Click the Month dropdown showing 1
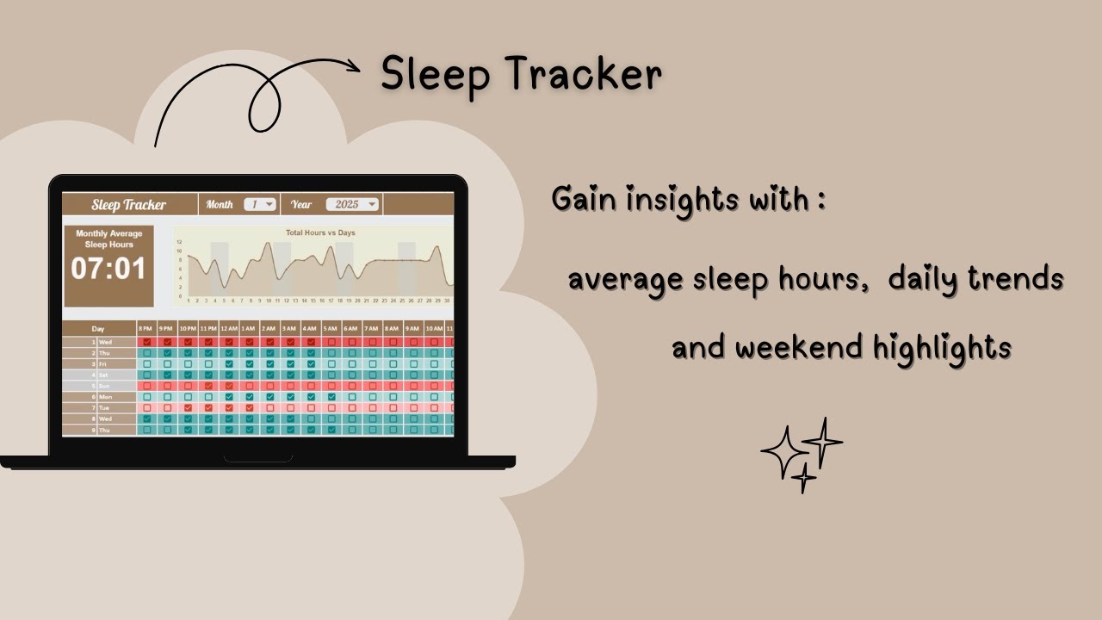pyautogui.click(x=259, y=205)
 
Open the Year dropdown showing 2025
pyautogui.click(x=352, y=205)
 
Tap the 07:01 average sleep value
pyautogui.click(x=108, y=269)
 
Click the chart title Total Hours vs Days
pyautogui.click(x=320, y=232)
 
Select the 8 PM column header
pyautogui.click(x=146, y=329)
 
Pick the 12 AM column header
pyautogui.click(x=229, y=329)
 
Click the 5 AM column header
pyautogui.click(x=331, y=329)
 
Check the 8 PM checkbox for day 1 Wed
pyautogui.click(x=147, y=342)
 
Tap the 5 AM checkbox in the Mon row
pyautogui.click(x=331, y=397)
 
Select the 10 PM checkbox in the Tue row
pyautogui.click(x=188, y=407)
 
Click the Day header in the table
pyautogui.click(x=98, y=329)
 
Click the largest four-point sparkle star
pyautogui.click(x=782, y=452)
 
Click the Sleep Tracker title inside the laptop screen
pyautogui.click(x=129, y=205)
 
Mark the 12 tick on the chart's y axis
pyautogui.click(x=179, y=242)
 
